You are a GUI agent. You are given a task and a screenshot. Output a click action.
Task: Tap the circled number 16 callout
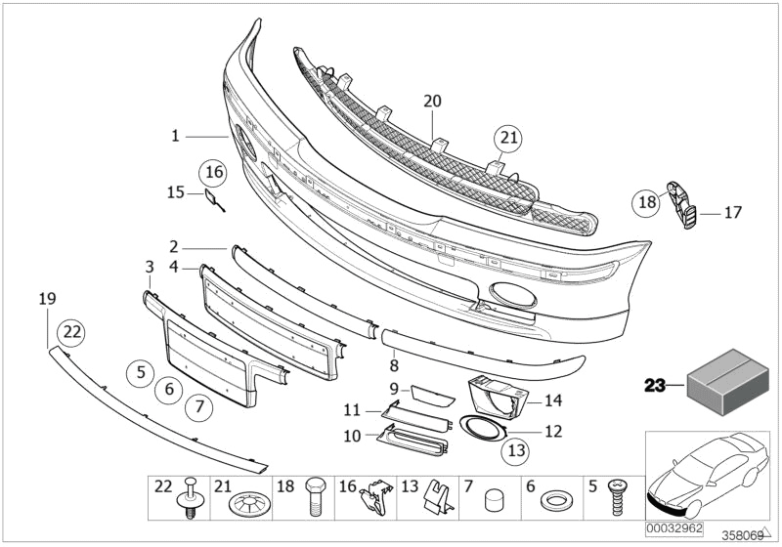tap(213, 173)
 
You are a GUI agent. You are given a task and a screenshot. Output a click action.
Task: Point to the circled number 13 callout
tap(514, 451)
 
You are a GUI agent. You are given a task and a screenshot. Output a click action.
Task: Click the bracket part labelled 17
tap(682, 207)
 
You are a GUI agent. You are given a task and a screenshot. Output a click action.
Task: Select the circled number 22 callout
tap(72, 332)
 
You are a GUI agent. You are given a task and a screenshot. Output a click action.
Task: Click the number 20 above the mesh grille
tap(433, 100)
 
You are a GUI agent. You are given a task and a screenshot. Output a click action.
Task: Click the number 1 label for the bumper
tap(176, 136)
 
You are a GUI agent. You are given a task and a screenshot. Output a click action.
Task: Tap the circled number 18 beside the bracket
tap(646, 202)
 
